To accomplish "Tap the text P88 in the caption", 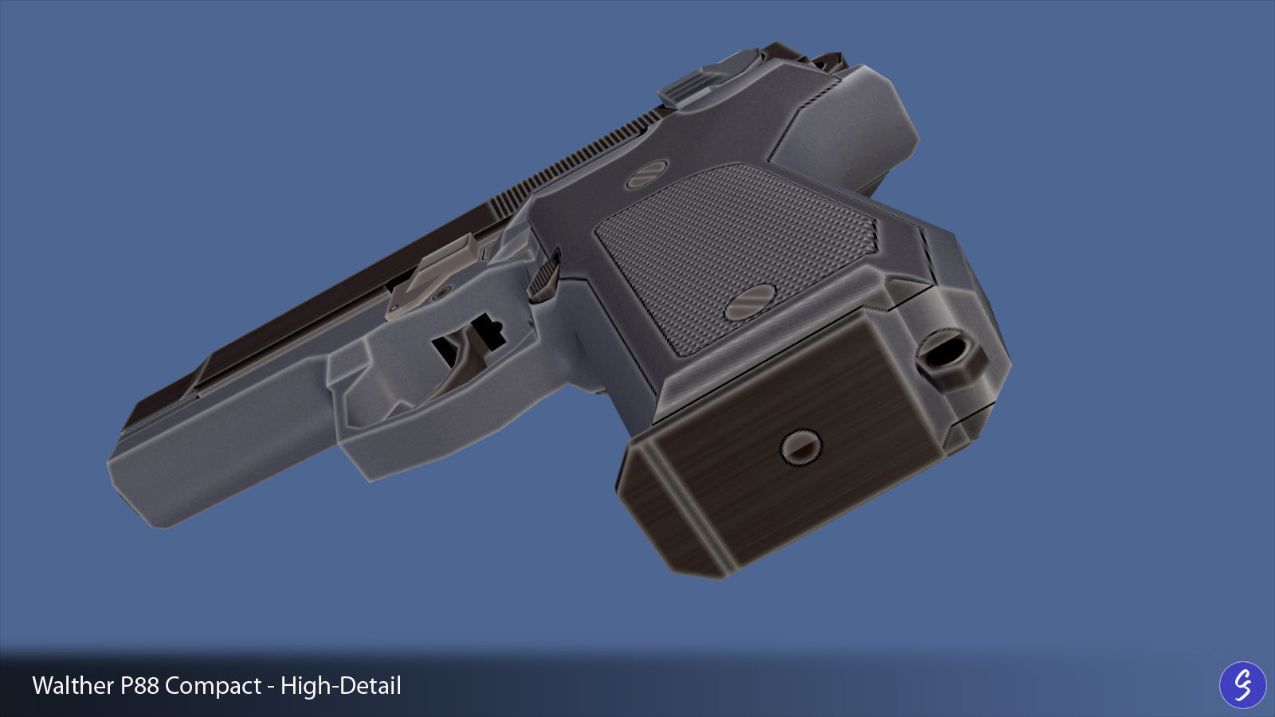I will [x=140, y=686].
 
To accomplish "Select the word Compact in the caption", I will [x=214, y=686].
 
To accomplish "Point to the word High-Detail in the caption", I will [x=341, y=686].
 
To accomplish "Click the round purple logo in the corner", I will [x=1242, y=684].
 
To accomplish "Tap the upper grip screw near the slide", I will [x=648, y=174].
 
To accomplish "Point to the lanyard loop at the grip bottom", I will [x=949, y=358].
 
